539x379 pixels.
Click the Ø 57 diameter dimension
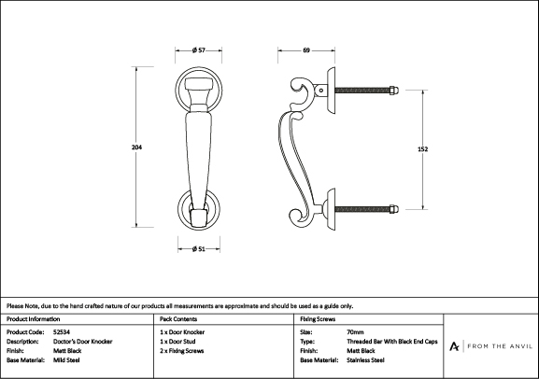[x=199, y=50]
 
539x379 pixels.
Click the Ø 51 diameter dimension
[x=199, y=248]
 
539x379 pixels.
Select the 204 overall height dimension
[x=136, y=147]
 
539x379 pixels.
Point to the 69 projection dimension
[x=306, y=50]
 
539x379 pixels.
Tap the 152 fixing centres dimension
[x=422, y=149]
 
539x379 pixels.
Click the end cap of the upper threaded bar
[x=393, y=91]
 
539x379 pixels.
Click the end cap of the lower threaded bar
[x=393, y=209]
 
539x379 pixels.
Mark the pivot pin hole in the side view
[x=321, y=91]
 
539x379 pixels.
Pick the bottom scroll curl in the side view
[x=299, y=218]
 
